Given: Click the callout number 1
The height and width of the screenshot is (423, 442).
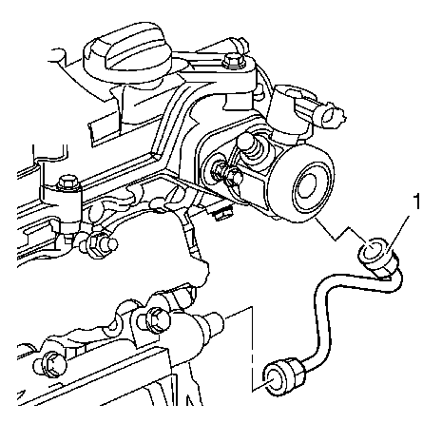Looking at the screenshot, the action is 417,202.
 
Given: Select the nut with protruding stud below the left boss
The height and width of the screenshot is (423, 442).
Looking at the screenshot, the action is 99,245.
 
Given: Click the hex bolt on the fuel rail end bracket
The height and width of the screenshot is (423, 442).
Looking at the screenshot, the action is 154,319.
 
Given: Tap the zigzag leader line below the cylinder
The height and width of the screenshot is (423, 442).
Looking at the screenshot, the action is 339,233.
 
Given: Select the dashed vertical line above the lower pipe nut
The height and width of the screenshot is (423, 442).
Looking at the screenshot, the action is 252,349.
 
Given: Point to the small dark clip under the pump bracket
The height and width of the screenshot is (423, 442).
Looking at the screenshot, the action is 221,214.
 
